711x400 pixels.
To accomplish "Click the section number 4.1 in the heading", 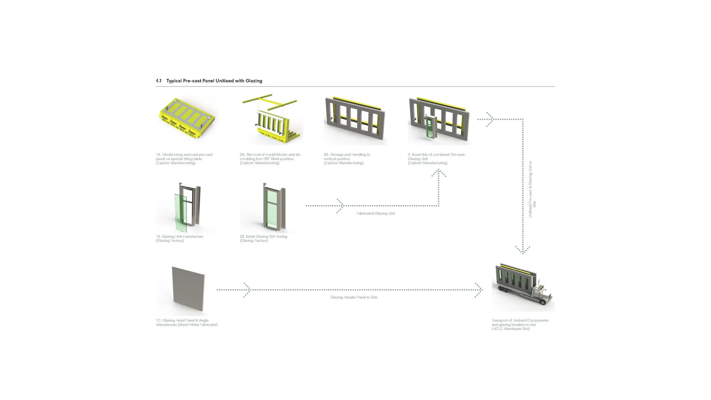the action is point(159,81).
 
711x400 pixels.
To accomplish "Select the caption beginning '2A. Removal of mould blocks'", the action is point(270,159).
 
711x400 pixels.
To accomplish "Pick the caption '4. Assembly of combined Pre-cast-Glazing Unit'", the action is point(437,159).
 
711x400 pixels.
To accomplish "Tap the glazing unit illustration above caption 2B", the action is point(274,208).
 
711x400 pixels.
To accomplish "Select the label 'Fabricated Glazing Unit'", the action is point(375,213).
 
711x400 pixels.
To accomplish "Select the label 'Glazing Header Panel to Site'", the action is point(354,297).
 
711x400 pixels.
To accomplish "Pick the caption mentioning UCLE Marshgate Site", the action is point(520,325).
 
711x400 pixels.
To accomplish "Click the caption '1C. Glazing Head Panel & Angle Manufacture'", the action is point(187,323).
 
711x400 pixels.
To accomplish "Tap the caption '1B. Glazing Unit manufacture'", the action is point(179,238).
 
